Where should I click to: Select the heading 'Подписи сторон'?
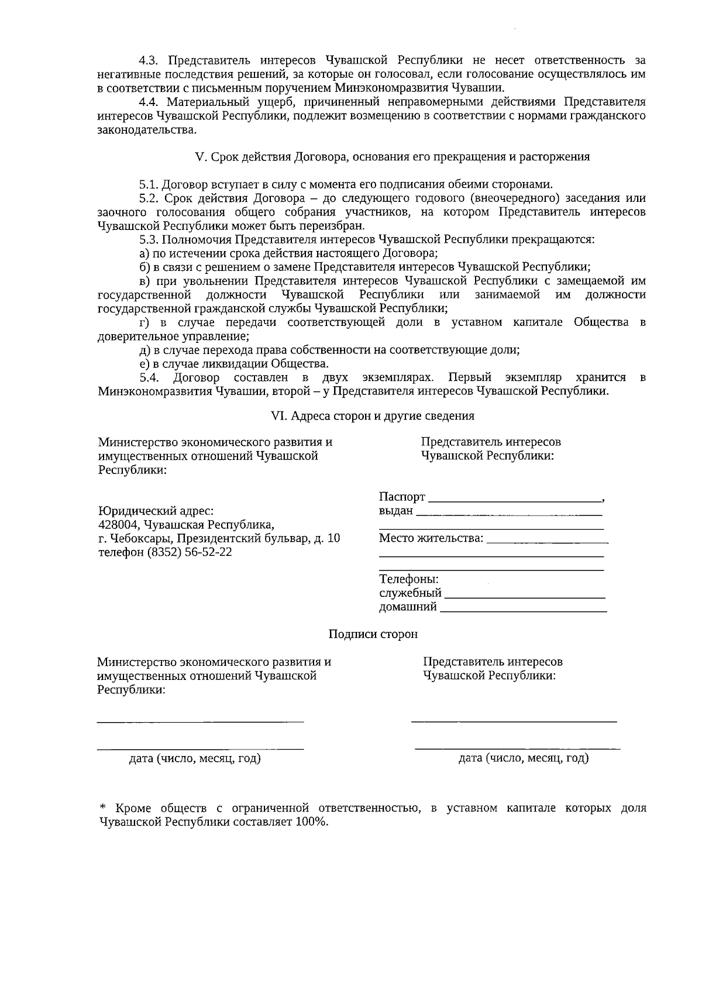click(373, 634)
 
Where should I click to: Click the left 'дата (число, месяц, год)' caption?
click(195, 759)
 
